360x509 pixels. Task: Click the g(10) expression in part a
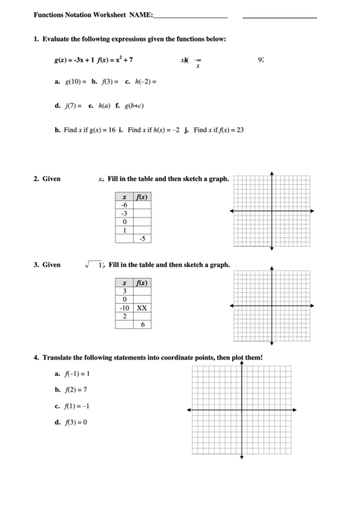[75, 82]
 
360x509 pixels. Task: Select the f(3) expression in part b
[110, 82]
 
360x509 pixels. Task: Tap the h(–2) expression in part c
[145, 82]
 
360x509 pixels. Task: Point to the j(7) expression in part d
[73, 106]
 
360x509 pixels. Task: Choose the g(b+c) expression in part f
[134, 106]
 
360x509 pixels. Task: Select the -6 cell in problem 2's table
[124, 205]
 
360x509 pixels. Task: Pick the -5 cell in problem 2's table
[141, 239]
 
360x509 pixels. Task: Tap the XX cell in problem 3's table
[141, 308]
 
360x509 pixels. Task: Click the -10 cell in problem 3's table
[124, 308]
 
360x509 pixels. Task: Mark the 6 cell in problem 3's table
[142, 325]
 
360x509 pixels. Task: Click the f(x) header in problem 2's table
[141, 196]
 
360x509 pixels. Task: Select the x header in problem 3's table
[124, 283]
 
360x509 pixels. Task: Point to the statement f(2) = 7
[75, 390]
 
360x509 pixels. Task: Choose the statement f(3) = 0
[75, 422]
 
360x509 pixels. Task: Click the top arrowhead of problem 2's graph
[272, 173]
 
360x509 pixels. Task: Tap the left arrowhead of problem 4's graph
[187, 410]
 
